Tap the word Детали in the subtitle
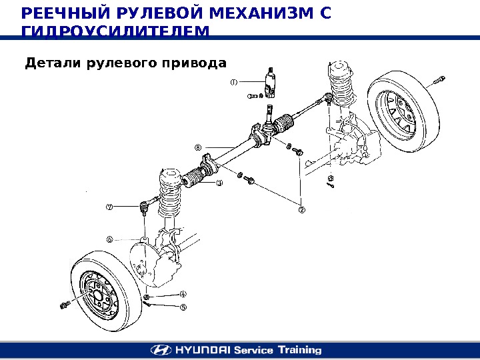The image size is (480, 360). (49, 63)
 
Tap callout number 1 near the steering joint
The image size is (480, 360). (234, 83)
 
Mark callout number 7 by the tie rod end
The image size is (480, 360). (110, 207)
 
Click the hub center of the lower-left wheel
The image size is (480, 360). (96, 293)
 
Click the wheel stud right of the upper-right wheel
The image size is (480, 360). (439, 82)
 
